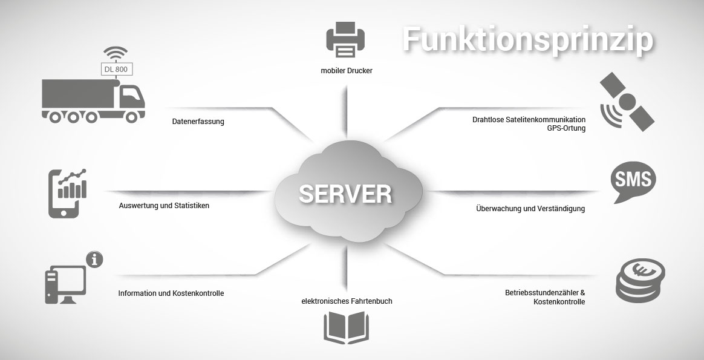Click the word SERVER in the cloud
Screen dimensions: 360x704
345,194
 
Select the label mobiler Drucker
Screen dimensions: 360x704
347,71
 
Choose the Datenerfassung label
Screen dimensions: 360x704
198,122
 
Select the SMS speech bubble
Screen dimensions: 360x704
633,181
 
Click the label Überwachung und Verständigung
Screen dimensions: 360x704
530,209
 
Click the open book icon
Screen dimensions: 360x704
346,327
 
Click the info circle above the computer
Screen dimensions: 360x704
94,260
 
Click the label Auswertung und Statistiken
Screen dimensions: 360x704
164,206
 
